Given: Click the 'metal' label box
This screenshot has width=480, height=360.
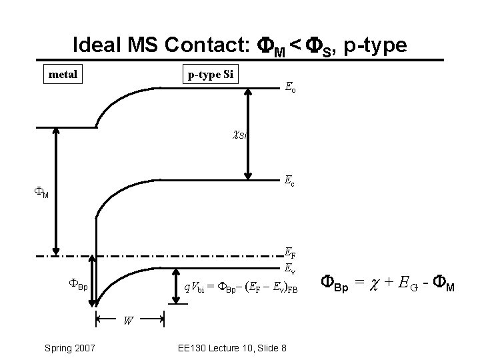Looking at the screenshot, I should (63, 74).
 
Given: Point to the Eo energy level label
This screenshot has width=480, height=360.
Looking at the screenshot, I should (291, 87).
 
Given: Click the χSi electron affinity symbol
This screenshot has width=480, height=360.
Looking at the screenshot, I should (239, 135).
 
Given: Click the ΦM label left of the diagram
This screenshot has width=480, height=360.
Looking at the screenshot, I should (42, 194).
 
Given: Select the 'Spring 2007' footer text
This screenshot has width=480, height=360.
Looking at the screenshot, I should (69, 347).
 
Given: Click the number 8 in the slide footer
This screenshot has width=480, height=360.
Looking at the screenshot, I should (284, 347).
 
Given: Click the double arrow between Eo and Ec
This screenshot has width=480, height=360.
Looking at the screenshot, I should (248, 133).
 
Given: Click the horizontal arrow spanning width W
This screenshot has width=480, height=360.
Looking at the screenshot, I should (131, 319).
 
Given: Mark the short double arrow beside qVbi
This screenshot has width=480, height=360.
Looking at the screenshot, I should (176, 287).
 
